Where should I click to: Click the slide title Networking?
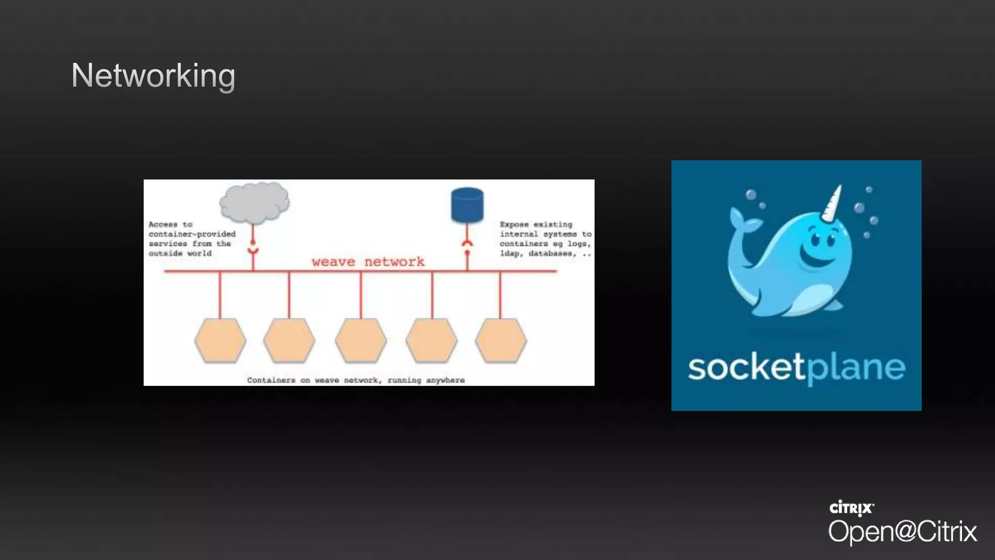[153, 76]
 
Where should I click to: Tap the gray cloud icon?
[254, 202]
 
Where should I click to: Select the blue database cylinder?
[467, 205]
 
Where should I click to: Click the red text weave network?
[368, 262]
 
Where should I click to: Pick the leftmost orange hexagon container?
[220, 340]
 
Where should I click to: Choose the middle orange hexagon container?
[360, 340]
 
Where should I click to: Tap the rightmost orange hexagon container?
[500, 340]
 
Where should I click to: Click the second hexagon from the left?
[289, 340]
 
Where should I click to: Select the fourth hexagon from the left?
[431, 340]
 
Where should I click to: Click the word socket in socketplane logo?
[746, 367]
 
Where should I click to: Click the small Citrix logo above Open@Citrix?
[851, 508]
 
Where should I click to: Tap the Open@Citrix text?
[902, 531]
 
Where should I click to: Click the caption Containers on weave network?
[356, 380]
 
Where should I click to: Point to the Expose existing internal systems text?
[545, 239]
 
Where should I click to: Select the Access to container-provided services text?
[191, 239]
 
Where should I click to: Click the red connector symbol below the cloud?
[253, 248]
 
